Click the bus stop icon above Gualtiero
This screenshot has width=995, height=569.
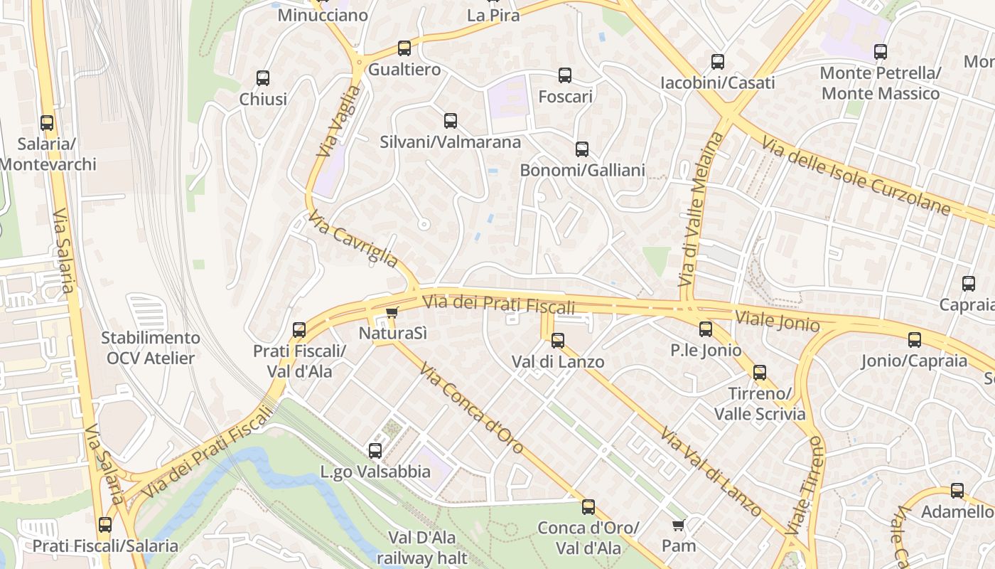pyautogui.click(x=404, y=48)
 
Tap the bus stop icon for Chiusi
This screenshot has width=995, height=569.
pyautogui.click(x=263, y=78)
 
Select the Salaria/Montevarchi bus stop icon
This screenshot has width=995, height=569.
pyautogui.click(x=47, y=123)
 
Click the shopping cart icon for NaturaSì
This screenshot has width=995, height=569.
pyautogui.click(x=392, y=312)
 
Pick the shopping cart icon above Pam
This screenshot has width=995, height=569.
pyautogui.click(x=678, y=526)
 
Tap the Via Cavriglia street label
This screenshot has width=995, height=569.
pyautogui.click(x=353, y=239)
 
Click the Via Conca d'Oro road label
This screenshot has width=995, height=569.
pyautogui.click(x=471, y=408)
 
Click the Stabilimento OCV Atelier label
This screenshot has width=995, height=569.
pyautogui.click(x=150, y=348)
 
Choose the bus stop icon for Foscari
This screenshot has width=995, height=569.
pyautogui.click(x=565, y=75)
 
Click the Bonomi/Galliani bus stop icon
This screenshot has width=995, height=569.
pyautogui.click(x=582, y=149)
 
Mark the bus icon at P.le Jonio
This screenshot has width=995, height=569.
pyautogui.click(x=705, y=329)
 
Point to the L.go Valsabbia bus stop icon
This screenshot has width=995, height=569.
pyautogui.click(x=375, y=451)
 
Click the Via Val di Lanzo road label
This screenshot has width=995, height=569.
pyautogui.click(x=710, y=472)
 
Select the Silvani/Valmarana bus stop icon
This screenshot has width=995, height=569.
pyautogui.click(x=451, y=121)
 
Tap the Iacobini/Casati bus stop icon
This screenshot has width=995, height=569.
pyautogui.click(x=718, y=62)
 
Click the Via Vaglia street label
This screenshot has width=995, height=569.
pyautogui.click(x=339, y=122)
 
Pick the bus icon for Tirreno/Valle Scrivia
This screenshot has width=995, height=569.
pyautogui.click(x=760, y=373)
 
